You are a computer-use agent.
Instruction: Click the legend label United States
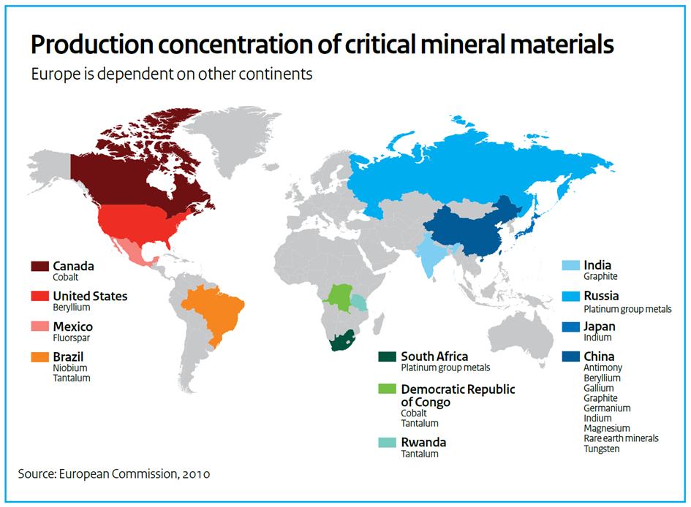(x=90, y=296)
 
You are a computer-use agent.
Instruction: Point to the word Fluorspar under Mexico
(x=72, y=338)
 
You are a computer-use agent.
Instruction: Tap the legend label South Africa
(x=434, y=357)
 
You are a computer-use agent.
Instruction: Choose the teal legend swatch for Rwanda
(x=388, y=443)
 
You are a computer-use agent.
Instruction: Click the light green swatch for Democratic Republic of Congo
(x=388, y=389)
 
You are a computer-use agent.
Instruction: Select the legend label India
(x=597, y=265)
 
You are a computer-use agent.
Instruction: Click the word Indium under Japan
(x=597, y=338)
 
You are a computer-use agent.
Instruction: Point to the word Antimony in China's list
(x=603, y=368)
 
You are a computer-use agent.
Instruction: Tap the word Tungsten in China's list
(x=602, y=449)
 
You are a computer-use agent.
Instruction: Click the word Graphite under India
(x=600, y=277)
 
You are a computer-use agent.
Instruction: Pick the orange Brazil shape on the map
(x=215, y=311)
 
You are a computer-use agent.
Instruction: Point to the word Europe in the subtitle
(x=51, y=75)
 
